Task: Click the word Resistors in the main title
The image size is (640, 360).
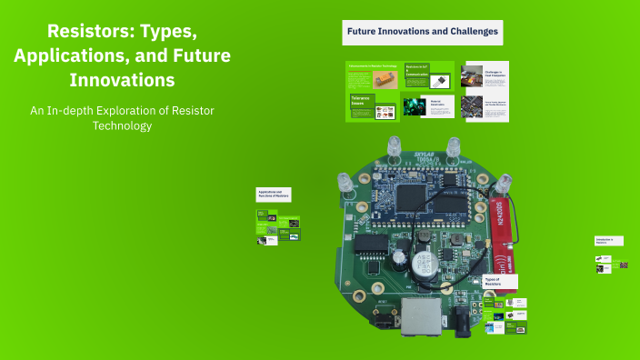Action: click(77, 32)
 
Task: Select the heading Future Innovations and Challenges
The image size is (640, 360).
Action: click(422, 32)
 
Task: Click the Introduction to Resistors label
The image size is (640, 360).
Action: click(606, 241)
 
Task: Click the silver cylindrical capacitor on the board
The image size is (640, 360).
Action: click(421, 265)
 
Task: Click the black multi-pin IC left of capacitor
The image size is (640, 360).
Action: click(370, 245)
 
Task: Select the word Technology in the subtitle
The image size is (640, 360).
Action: click(121, 125)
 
